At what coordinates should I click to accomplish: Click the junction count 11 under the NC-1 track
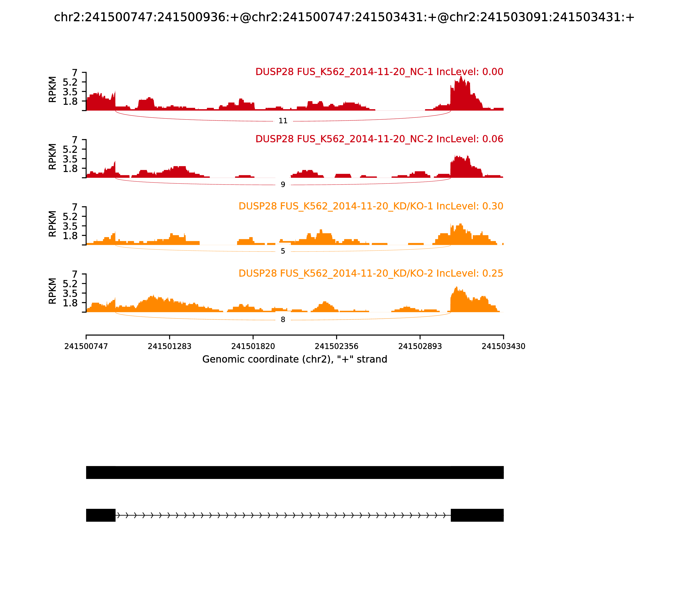[283, 121]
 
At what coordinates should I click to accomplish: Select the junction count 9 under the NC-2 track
[283, 184]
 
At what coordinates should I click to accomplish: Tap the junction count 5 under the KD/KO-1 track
[283, 251]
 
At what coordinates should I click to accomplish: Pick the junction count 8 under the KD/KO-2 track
[283, 320]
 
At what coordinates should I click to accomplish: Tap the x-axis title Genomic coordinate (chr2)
[295, 359]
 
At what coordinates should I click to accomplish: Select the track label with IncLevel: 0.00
[379, 72]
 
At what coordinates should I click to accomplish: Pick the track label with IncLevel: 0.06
[379, 139]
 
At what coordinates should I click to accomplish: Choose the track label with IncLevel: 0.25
[371, 273]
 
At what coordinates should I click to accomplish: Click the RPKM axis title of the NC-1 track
[53, 90]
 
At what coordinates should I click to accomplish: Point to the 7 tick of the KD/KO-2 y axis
[74, 274]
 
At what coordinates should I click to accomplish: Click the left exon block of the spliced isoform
[101, 515]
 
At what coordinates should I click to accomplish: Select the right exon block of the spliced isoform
[477, 515]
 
